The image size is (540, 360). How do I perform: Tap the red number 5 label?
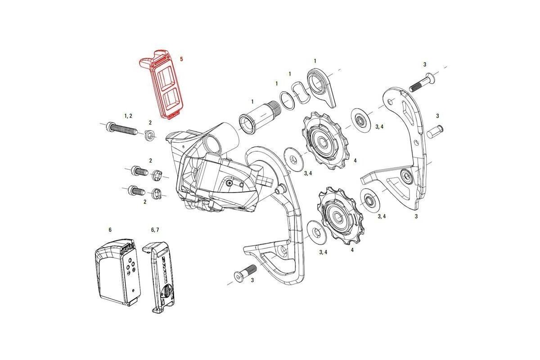coord(181,59)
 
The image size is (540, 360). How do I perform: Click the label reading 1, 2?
coord(127,116)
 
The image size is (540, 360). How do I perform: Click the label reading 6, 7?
coord(154,229)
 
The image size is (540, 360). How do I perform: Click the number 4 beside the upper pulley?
coord(355,161)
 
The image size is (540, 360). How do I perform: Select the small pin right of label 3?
coord(436,131)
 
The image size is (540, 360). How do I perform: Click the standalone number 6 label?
coord(110,229)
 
